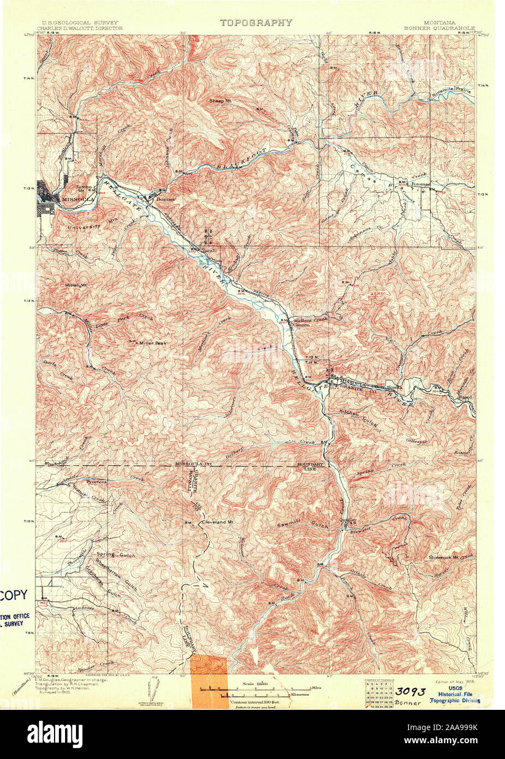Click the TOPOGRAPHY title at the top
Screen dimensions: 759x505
click(256, 22)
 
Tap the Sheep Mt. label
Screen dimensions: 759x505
click(221, 101)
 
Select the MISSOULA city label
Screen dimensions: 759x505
click(78, 200)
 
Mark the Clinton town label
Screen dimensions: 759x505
click(301, 324)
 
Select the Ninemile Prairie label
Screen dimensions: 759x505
click(450, 92)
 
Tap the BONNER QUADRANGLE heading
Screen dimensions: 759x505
click(439, 28)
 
